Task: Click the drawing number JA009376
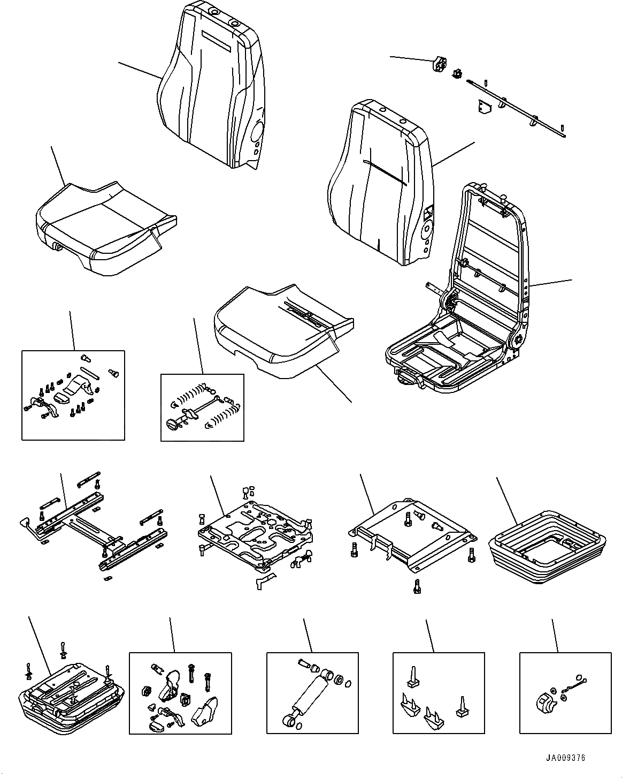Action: coord(565,758)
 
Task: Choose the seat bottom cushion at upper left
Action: coord(104,228)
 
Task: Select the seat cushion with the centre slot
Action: coord(283,332)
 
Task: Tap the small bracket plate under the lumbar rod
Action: coord(484,109)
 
